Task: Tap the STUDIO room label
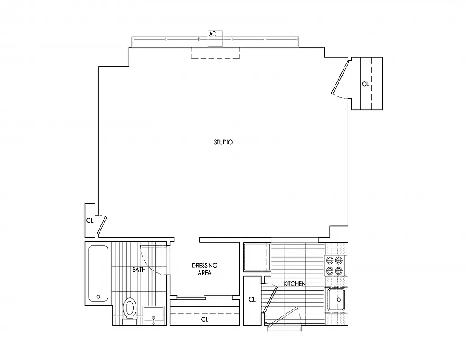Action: point(223,142)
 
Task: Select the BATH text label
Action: point(139,270)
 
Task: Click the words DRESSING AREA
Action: point(204,269)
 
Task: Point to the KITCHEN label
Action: point(295,284)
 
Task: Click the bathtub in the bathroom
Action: point(98,273)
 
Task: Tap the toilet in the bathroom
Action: point(130,309)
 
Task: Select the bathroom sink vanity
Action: point(154,315)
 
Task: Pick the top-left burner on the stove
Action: point(329,260)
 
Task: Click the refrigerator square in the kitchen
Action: point(256,257)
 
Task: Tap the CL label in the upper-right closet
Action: point(365,84)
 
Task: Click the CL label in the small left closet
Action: point(90,220)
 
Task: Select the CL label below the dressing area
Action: point(204,319)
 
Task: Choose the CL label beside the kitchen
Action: point(252,300)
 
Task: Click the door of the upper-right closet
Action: point(340,78)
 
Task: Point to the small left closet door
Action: point(103,225)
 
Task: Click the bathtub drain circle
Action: point(98,297)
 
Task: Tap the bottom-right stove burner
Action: point(338,270)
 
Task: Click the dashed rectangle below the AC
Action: point(215,53)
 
